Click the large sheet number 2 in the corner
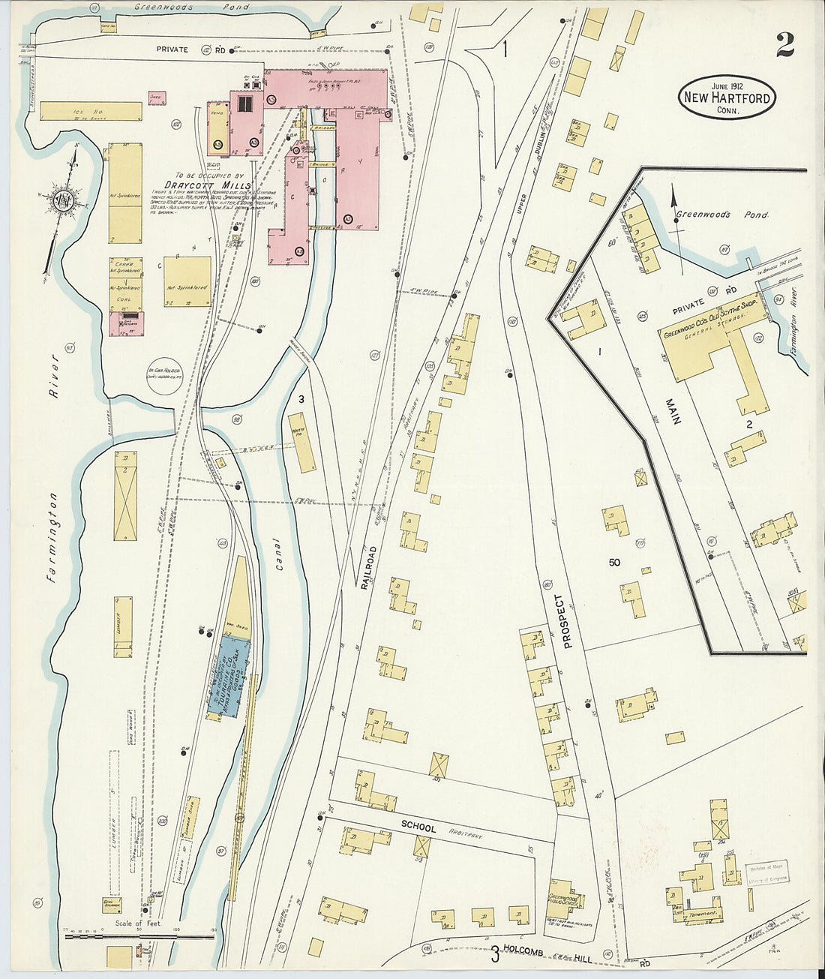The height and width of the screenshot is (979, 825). pyautogui.click(x=784, y=47)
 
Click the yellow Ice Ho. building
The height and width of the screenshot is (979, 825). pyautogui.click(x=91, y=112)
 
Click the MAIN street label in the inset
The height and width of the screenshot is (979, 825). pyautogui.click(x=673, y=409)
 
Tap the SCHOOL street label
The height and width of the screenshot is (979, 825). pyautogui.click(x=418, y=826)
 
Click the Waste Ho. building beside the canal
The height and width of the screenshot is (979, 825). pyautogui.click(x=303, y=443)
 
